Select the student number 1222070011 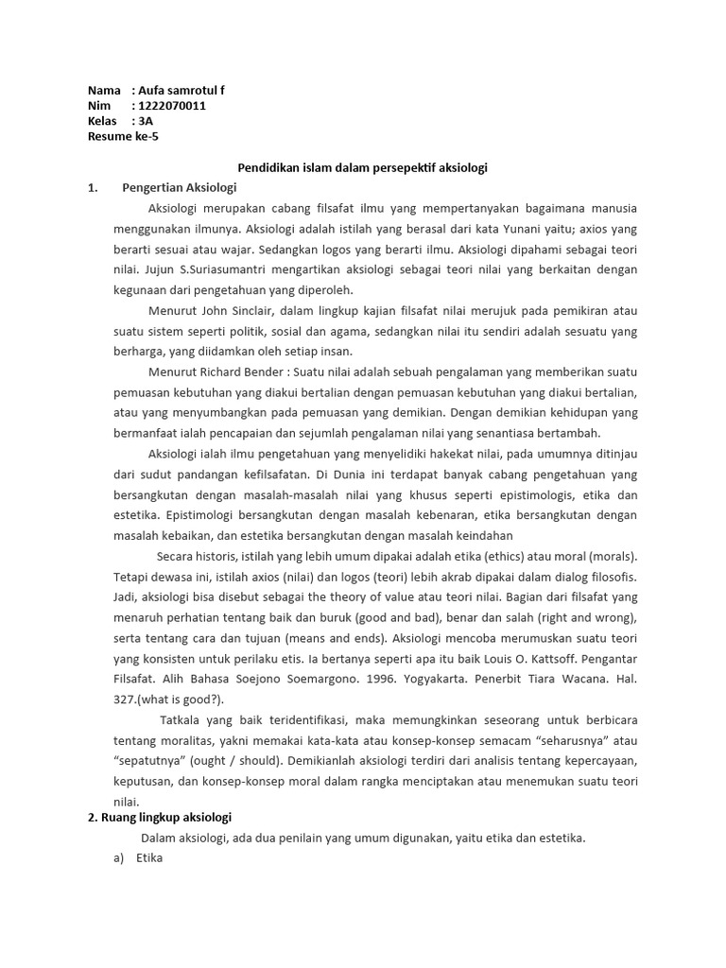point(172,106)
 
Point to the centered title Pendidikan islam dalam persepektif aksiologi point(361,167)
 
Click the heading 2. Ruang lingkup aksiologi point(159,818)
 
